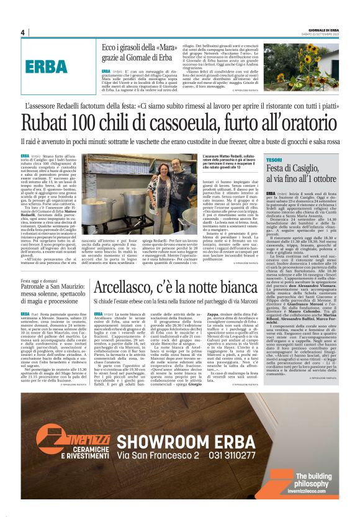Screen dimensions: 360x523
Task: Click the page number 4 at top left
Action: [22, 32]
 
